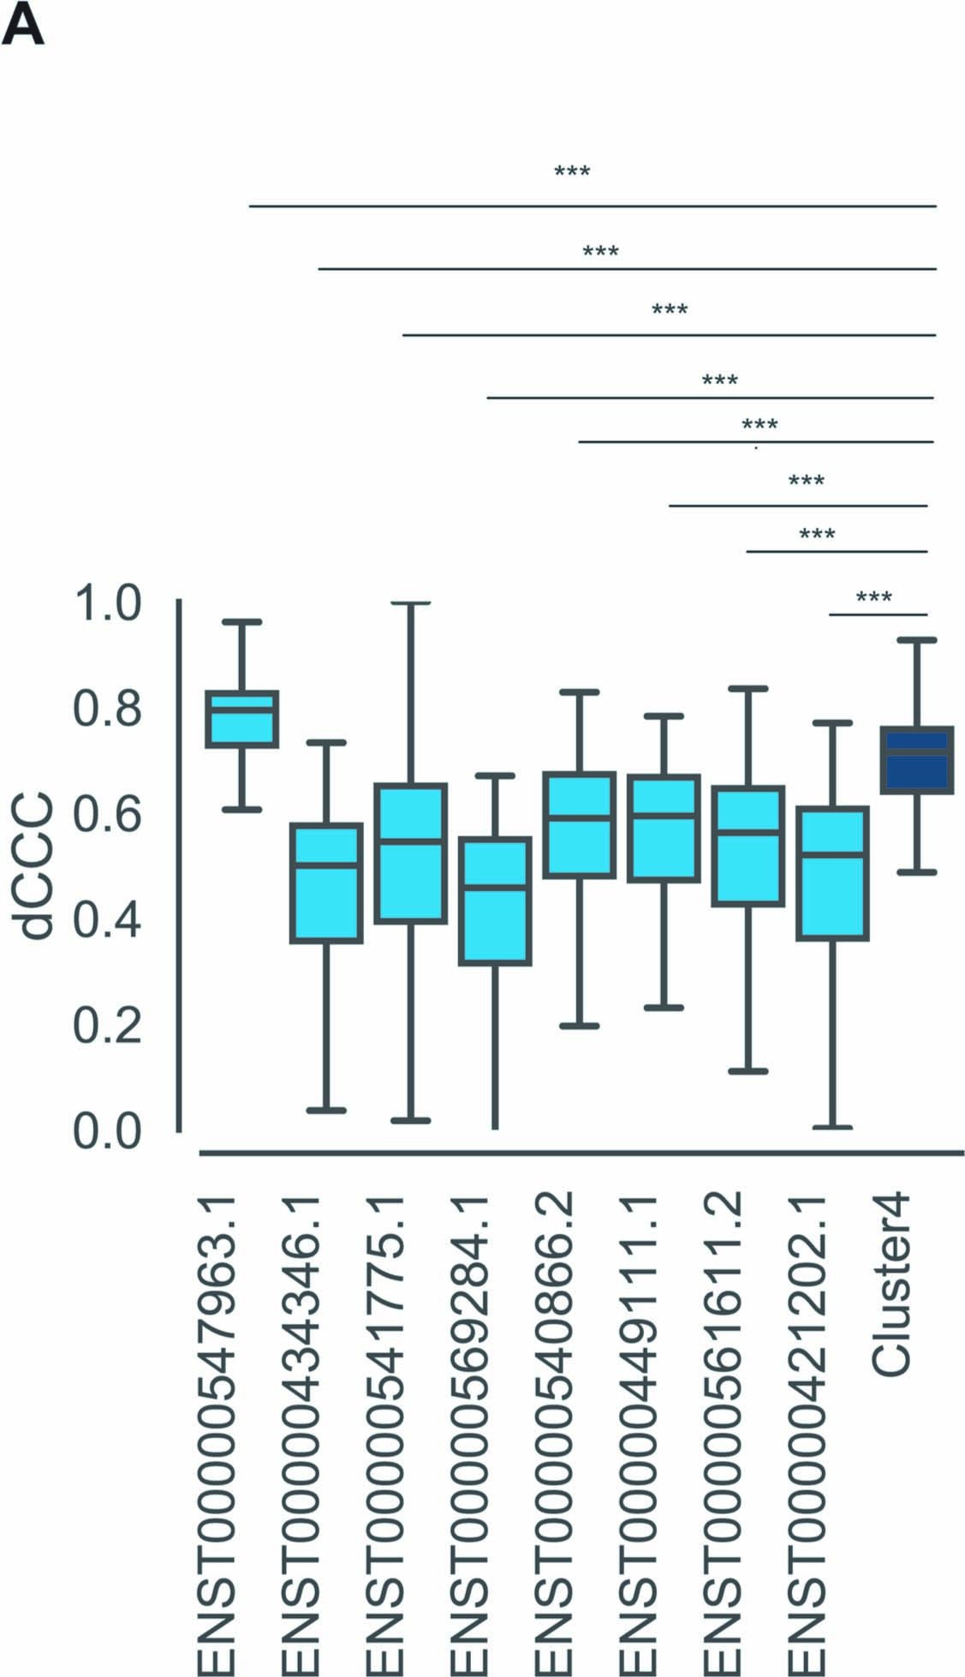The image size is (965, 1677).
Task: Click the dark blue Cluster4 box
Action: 917,761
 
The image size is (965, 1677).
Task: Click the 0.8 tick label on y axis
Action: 107,709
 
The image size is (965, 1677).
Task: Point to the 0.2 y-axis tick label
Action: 107,1025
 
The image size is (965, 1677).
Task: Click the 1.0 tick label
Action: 107,603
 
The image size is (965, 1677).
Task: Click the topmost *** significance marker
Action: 572,172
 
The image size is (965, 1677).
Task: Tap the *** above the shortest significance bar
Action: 873,597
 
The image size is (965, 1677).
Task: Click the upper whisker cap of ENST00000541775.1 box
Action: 411,603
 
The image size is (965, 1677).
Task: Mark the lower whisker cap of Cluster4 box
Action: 917,872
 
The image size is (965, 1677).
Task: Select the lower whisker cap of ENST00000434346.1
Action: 326,1111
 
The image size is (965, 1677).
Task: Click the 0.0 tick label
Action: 107,1131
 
